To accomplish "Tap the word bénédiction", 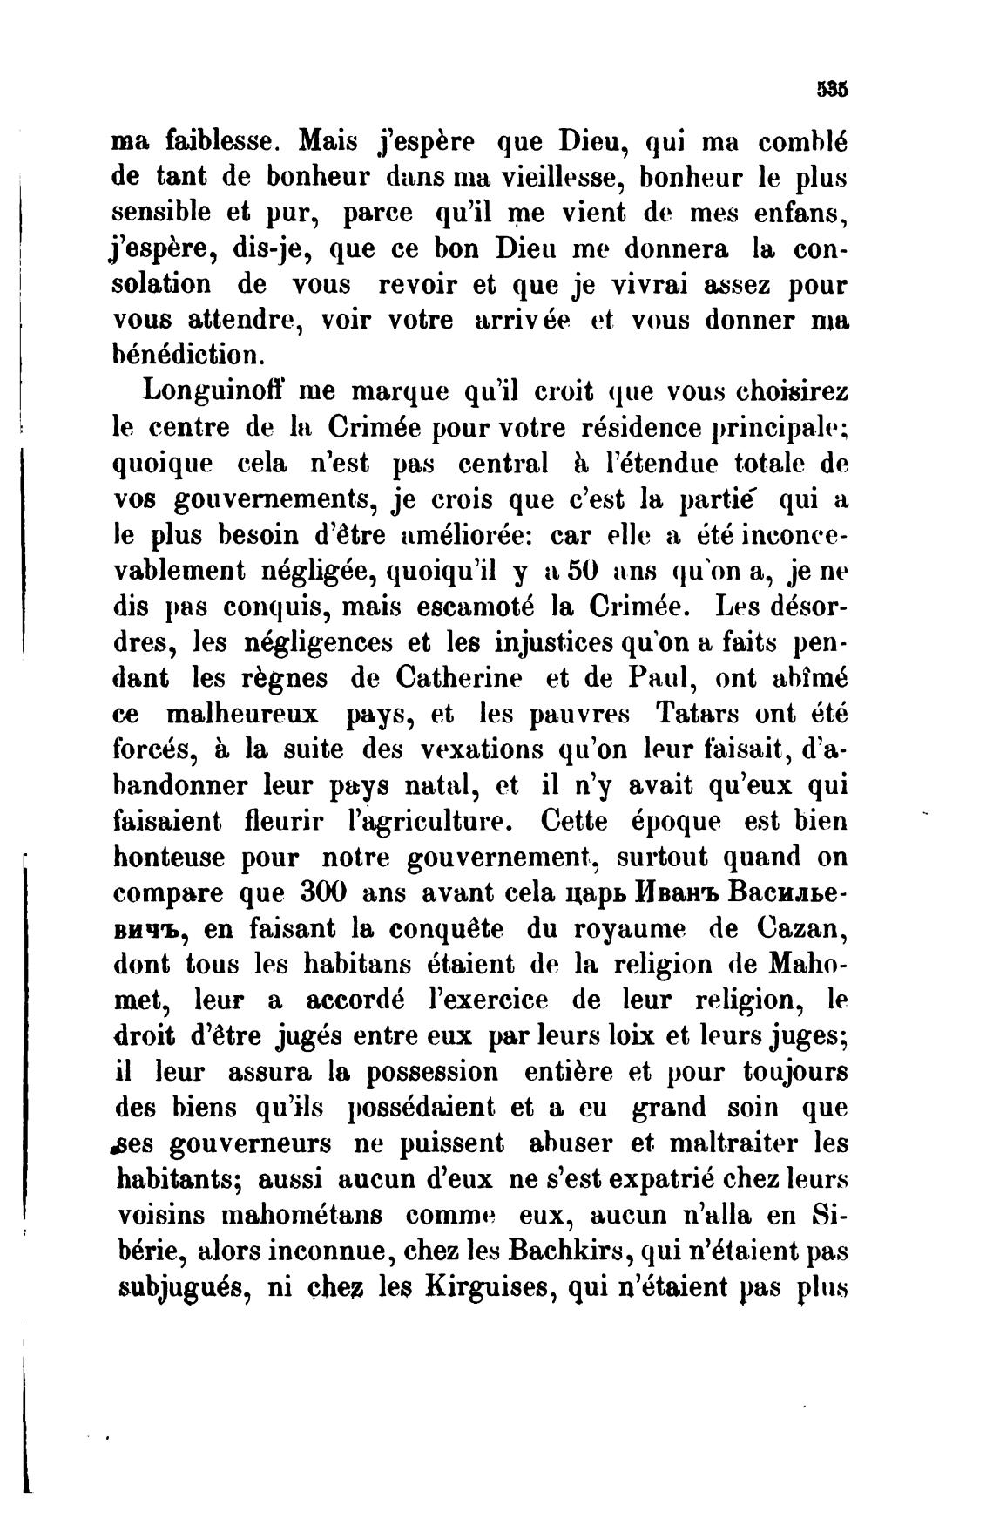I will pos(186,355).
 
